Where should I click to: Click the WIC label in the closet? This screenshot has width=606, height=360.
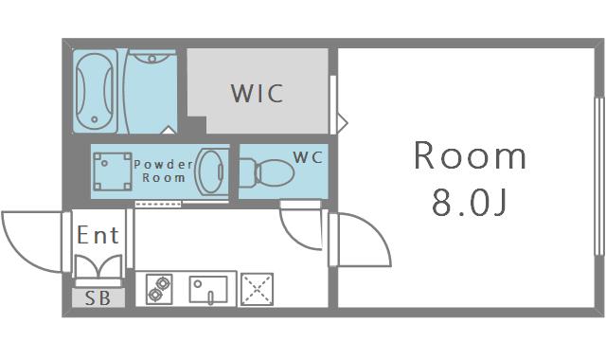[257, 93]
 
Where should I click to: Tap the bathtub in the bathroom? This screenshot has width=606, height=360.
[95, 91]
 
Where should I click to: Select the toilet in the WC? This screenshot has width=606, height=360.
[266, 172]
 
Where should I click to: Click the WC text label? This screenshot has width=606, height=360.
[308, 157]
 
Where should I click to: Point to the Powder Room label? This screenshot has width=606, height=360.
[164, 171]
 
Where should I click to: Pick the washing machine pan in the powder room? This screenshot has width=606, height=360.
[113, 171]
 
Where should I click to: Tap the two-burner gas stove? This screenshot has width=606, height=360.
[159, 289]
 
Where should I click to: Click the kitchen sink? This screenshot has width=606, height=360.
[208, 290]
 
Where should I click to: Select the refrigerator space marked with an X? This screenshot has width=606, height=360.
[257, 289]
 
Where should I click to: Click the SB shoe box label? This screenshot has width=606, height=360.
[98, 298]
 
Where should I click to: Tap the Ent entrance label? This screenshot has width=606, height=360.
[98, 235]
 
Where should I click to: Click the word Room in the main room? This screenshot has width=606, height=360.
[470, 155]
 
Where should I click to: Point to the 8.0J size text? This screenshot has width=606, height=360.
[470, 204]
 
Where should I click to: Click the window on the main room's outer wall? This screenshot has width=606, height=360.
[599, 176]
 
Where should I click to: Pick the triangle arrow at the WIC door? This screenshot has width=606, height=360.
[343, 123]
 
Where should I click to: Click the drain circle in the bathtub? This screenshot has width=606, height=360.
[95, 119]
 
